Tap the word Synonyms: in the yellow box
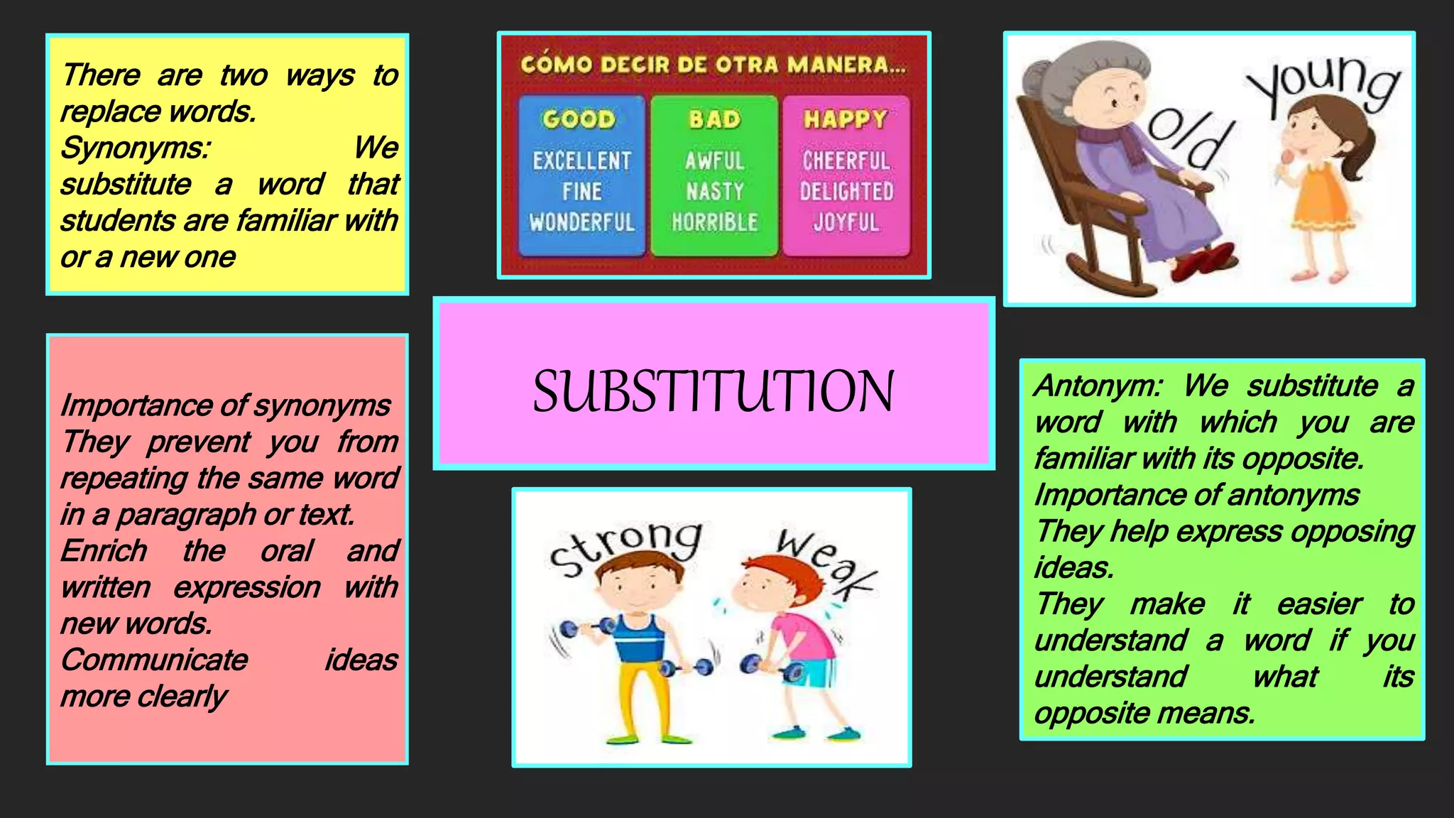(x=135, y=148)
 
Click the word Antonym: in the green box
(x=1098, y=386)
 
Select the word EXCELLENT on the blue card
(x=581, y=161)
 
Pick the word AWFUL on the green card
(x=714, y=161)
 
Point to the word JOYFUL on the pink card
(x=846, y=222)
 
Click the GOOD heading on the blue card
(x=579, y=119)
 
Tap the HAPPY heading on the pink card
(x=846, y=119)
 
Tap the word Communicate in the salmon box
(x=154, y=660)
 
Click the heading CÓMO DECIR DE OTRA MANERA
(x=713, y=65)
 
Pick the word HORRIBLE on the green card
(x=714, y=222)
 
